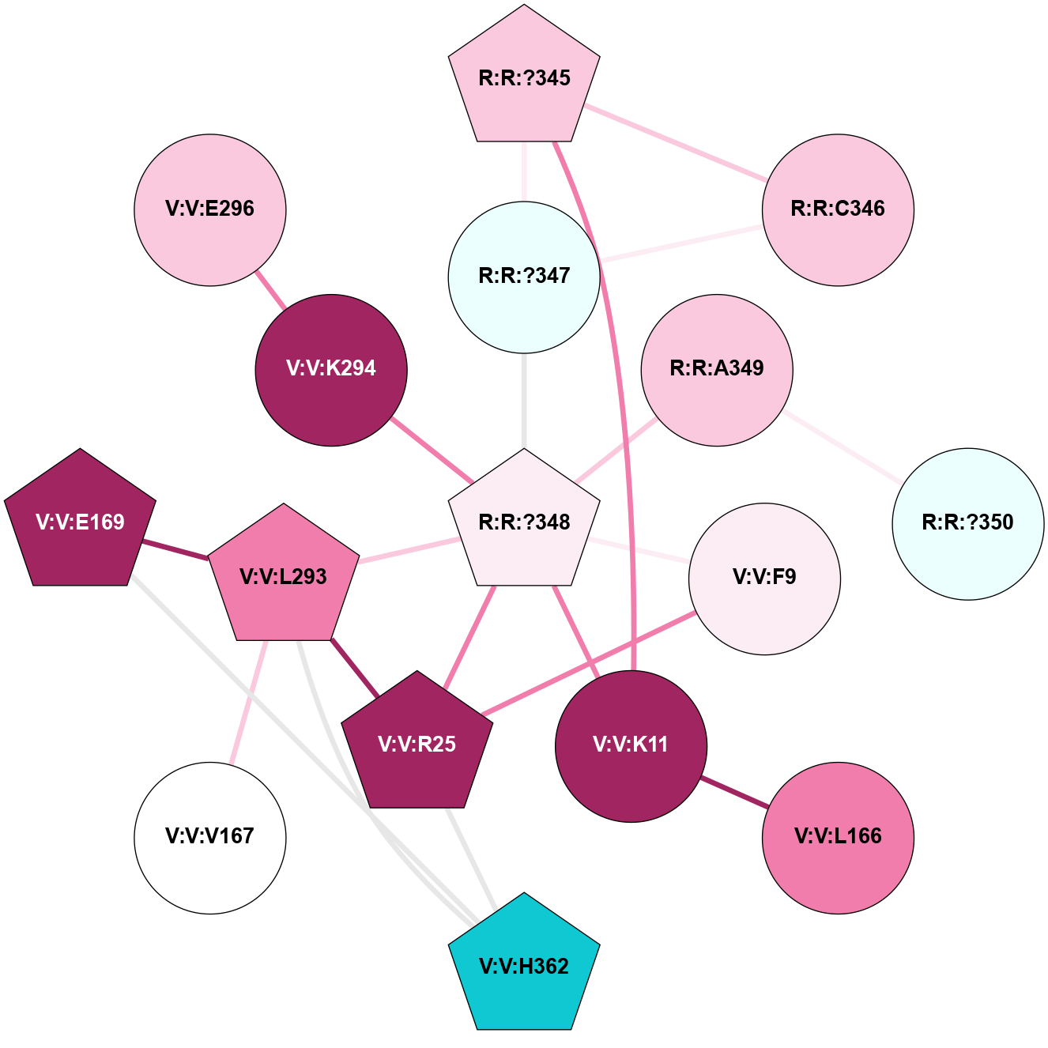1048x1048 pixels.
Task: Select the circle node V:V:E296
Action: coord(210,209)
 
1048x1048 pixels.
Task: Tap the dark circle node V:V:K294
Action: coord(331,369)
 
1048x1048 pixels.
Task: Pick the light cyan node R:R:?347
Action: coord(524,277)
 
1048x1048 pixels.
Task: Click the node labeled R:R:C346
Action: coord(838,209)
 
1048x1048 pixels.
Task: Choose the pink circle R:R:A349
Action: coord(717,369)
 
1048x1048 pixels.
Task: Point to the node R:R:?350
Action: coord(967,523)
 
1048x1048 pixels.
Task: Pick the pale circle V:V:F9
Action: coord(764,578)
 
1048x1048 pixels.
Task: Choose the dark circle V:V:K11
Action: coord(631,745)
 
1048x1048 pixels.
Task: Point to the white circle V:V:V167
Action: coord(210,837)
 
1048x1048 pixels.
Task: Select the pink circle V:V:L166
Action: coord(838,837)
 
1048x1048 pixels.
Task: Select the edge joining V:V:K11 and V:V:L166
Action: coord(734,792)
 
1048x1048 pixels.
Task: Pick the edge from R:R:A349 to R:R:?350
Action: coord(843,447)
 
